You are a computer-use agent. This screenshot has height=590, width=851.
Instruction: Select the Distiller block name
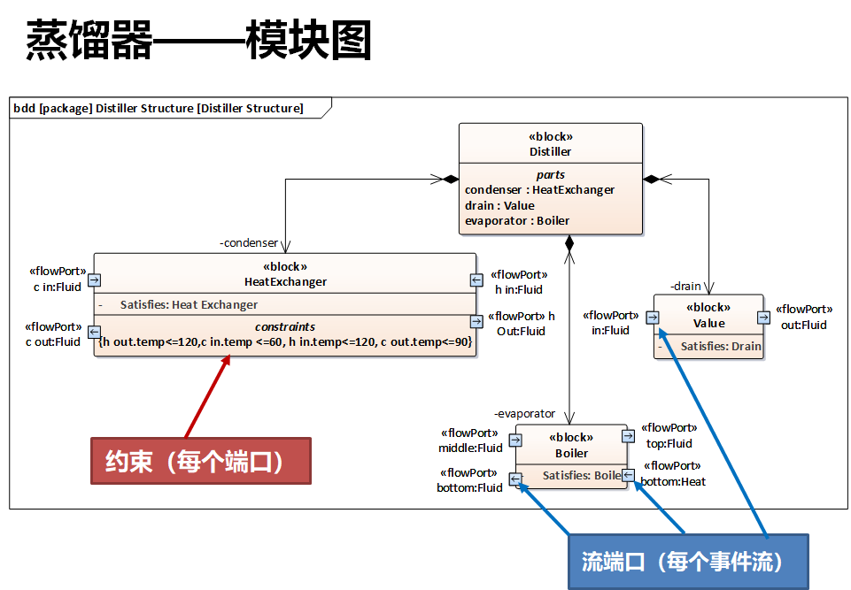550,151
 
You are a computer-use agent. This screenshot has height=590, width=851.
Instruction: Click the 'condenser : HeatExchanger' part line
539,189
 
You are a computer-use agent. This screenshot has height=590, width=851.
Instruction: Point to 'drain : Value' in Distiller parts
499,205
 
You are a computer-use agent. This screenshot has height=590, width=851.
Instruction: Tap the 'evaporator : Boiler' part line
516,220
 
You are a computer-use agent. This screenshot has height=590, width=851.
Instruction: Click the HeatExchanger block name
284,281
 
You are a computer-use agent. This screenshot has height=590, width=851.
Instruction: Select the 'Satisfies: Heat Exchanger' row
189,304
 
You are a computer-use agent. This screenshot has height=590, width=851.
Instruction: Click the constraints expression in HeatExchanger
285,341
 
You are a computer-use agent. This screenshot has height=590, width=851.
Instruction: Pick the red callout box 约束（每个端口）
200,461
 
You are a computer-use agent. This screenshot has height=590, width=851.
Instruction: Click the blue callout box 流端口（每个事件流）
687,562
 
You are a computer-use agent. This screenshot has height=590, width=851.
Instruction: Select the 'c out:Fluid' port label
53,341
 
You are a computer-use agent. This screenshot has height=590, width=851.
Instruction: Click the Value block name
708,323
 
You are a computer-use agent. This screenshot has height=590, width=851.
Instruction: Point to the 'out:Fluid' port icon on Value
762,318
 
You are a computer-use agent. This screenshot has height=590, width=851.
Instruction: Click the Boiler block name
571,453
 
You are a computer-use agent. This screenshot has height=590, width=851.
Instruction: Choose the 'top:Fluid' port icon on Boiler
627,435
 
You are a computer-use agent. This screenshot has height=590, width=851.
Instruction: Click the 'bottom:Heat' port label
673,481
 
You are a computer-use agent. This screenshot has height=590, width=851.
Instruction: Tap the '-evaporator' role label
524,413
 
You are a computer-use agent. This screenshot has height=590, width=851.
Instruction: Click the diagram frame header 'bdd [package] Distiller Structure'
159,108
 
